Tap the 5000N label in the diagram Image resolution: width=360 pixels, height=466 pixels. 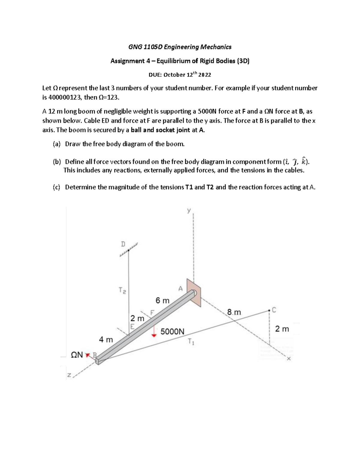point(172,332)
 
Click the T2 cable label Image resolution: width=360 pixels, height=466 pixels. point(122,290)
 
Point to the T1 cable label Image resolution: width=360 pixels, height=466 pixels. point(191,342)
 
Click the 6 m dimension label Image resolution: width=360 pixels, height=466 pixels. point(162,300)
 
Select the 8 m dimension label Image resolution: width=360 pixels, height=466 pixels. point(234,312)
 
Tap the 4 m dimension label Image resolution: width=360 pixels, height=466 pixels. point(106,340)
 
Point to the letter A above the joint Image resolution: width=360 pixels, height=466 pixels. point(180,289)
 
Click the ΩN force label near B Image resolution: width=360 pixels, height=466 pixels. point(77,355)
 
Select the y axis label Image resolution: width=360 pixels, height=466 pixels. point(189,211)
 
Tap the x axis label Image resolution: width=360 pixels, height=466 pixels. point(289,359)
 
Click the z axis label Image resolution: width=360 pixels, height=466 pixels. point(69,375)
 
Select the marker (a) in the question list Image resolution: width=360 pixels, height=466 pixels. point(57,144)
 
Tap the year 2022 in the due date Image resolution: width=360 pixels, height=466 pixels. point(205,75)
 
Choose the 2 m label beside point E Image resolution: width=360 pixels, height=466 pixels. point(137,318)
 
